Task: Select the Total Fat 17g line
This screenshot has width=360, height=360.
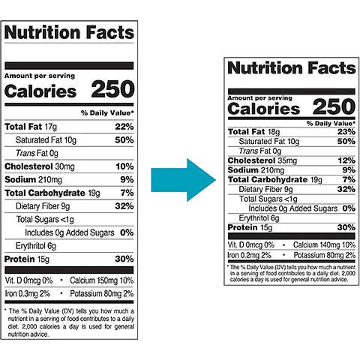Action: pyautogui.click(x=31, y=126)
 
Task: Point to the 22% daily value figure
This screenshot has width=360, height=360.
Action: pyautogui.click(x=124, y=126)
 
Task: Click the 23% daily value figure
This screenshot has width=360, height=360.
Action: pyautogui.click(x=346, y=132)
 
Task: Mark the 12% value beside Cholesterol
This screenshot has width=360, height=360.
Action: pyautogui.click(x=346, y=160)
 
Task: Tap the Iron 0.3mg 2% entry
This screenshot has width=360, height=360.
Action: pyautogui.click(x=28, y=292)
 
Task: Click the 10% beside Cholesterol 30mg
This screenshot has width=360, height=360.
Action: pyautogui.click(x=124, y=166)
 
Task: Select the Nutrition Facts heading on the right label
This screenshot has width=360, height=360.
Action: pyautogui.click(x=292, y=68)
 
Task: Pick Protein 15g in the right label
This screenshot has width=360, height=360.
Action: pyautogui.click(x=250, y=227)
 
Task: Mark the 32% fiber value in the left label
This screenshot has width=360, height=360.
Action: pyautogui.click(x=124, y=205)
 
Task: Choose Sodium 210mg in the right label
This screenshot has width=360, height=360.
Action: pyautogui.click(x=255, y=169)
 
